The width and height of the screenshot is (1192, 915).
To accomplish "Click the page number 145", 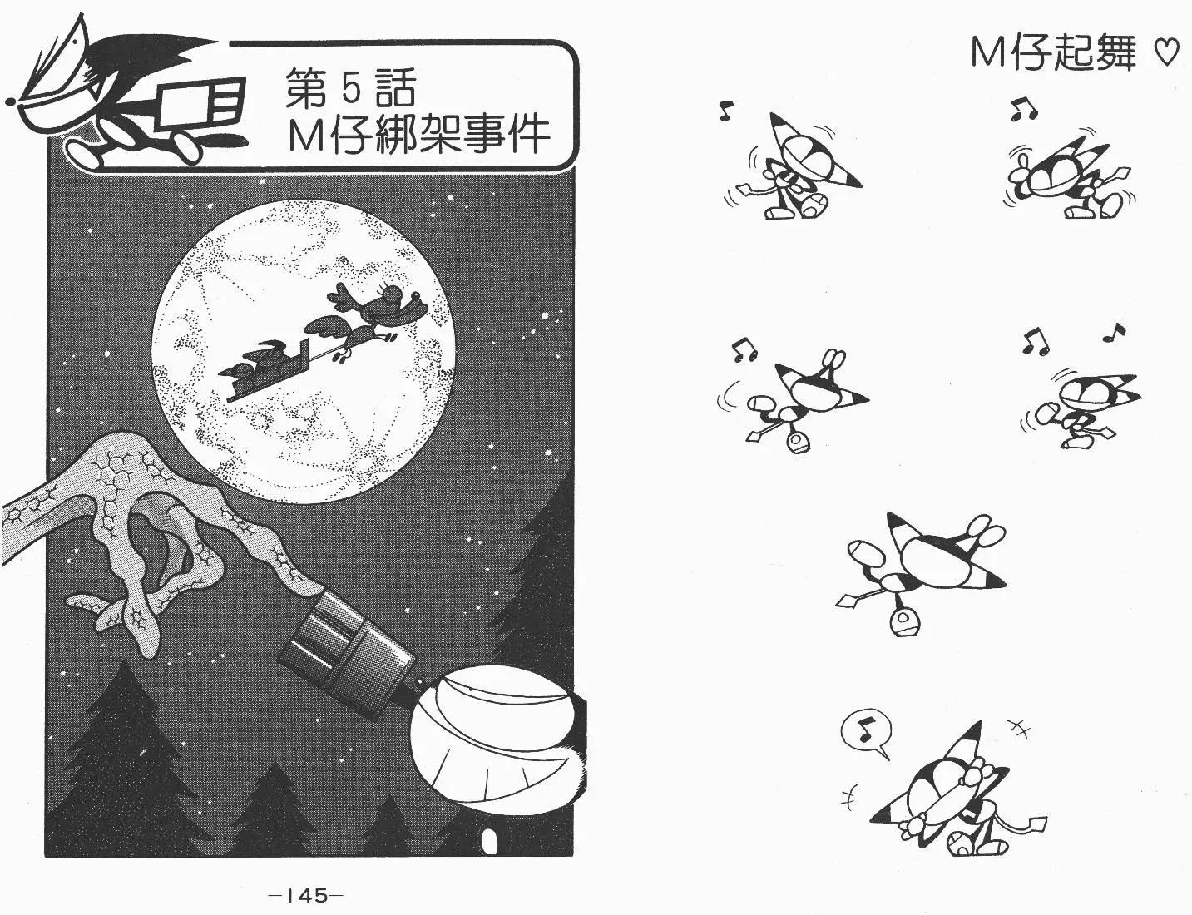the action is click(x=306, y=896).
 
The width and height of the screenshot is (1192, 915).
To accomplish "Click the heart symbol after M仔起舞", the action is click(x=1165, y=55).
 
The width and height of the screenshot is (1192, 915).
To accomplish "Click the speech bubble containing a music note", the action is click(x=866, y=735).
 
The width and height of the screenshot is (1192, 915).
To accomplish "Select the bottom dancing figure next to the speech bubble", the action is click(x=957, y=804).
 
